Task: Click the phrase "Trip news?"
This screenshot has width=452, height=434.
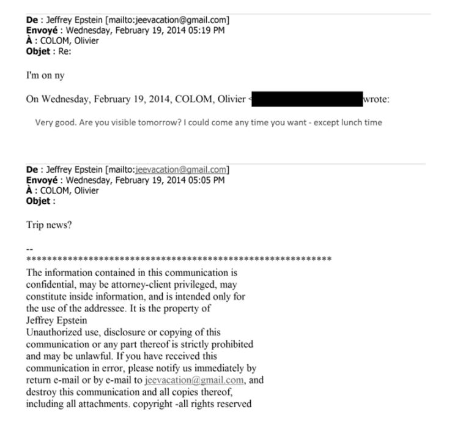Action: (x=49, y=225)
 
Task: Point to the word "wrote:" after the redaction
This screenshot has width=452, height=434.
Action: (x=380, y=99)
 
